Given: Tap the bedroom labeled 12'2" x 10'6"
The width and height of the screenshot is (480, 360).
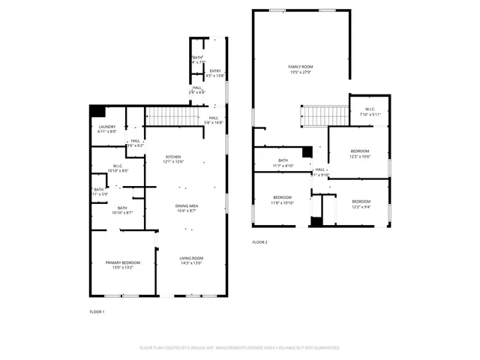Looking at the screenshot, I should (360, 154).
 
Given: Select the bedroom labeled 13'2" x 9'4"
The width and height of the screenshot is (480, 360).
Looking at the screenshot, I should (361, 202).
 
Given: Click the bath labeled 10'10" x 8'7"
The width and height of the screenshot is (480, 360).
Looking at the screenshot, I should (121, 210).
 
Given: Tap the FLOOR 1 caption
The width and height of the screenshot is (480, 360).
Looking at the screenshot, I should (97, 311).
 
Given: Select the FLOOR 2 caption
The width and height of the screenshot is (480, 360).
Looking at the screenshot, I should (259, 241).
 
